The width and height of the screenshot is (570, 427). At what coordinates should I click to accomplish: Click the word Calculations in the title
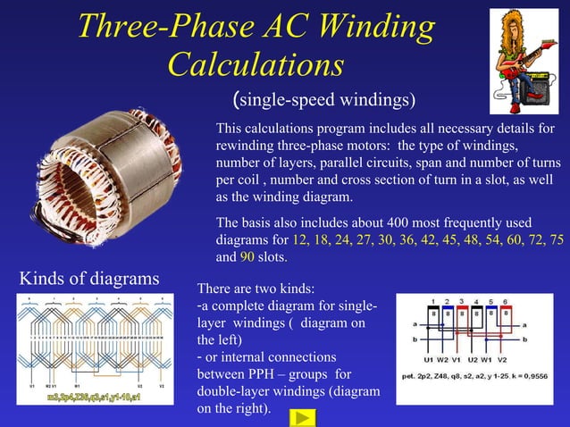click(x=256, y=64)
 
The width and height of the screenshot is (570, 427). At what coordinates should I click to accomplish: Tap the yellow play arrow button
click(x=305, y=416)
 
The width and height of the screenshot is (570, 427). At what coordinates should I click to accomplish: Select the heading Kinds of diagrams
click(x=89, y=279)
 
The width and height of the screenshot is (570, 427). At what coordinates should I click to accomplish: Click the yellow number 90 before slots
click(x=247, y=257)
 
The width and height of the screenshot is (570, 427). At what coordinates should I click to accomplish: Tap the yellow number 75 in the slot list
click(x=555, y=240)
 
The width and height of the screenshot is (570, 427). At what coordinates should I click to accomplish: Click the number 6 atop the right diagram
click(x=506, y=302)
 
